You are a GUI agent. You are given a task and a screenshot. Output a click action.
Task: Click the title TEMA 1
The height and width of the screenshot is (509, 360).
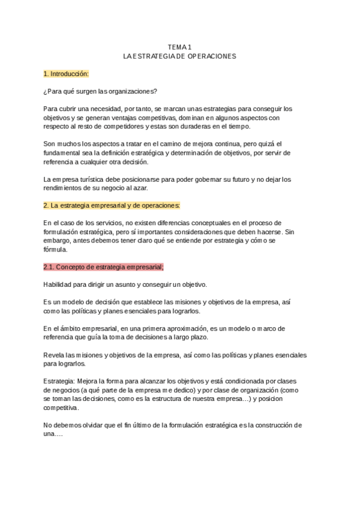[179, 47]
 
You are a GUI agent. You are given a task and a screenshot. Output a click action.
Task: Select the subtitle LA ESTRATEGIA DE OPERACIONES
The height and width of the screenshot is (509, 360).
[179, 56]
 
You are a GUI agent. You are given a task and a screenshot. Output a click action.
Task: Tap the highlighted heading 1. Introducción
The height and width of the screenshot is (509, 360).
[66, 74]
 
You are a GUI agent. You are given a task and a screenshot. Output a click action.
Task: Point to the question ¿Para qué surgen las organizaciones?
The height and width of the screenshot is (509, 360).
[100, 91]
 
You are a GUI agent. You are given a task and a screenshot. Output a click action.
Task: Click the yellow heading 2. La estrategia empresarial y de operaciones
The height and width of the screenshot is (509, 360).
[112, 205]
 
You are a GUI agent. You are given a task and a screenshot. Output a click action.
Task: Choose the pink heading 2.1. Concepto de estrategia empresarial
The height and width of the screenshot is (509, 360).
[103, 267]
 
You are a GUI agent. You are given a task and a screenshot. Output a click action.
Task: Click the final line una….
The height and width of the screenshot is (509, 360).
[53, 434]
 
